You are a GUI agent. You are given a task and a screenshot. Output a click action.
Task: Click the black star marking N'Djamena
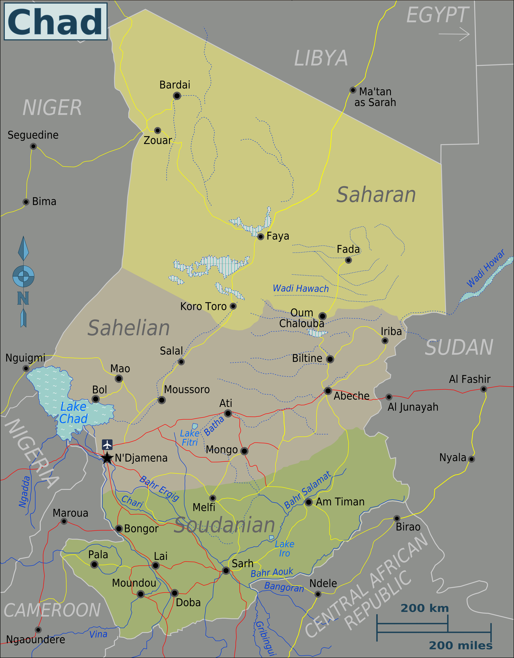pyautogui.click(x=107, y=458)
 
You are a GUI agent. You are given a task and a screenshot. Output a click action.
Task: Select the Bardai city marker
pyautogui.click(x=177, y=96)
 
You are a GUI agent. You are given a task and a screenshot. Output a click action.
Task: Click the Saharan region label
pyautogui.click(x=376, y=195)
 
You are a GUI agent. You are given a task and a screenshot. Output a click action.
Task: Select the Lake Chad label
pyautogui.click(x=73, y=413)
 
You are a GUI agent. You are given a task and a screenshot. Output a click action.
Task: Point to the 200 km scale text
pyautogui.click(x=425, y=608)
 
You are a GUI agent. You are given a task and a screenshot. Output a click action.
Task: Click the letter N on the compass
pyautogui.click(x=23, y=298)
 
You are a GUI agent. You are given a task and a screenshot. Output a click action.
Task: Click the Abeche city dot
pyautogui.click(x=328, y=391)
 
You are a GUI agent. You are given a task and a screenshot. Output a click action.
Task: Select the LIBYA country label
pyautogui.click(x=321, y=58)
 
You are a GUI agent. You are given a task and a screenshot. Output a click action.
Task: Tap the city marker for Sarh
pyautogui.click(x=226, y=570)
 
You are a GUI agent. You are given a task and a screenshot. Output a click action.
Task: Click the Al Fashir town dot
pyautogui.click(x=484, y=389)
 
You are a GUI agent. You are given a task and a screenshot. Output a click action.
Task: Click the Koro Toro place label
pyautogui.click(x=203, y=306)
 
